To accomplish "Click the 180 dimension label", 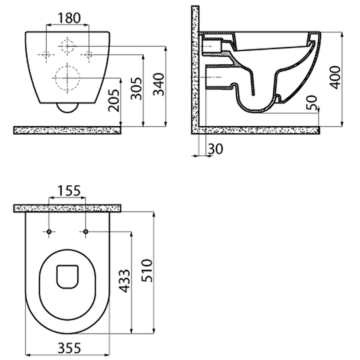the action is click(69, 18).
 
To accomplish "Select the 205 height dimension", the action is click(114, 100).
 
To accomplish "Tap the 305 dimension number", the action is click(136, 89).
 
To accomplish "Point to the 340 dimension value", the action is click(159, 84).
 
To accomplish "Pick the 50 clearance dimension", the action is click(312, 103).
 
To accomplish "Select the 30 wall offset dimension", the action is click(216, 149).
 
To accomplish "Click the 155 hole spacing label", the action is click(69, 191).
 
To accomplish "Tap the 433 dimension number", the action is click(125, 281).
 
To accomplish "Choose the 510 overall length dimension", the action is click(147, 270).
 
